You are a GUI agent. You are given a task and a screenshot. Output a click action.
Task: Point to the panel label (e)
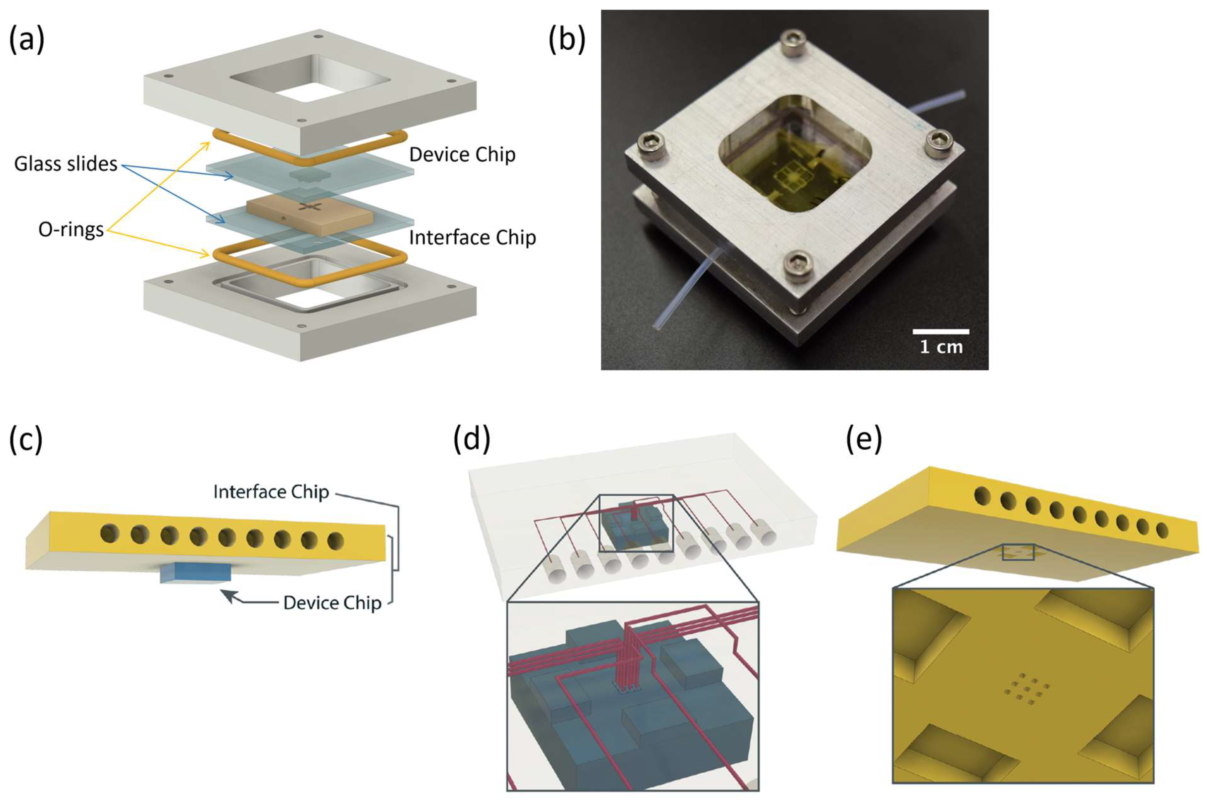[x=864, y=439]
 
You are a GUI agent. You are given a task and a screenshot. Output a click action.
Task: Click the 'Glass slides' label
[x=65, y=164]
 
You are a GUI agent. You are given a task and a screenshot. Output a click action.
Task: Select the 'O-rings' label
[x=71, y=230]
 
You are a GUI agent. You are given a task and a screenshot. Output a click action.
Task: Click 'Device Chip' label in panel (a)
[x=462, y=155]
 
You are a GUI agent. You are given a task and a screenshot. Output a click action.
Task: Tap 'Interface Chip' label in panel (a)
[x=472, y=238]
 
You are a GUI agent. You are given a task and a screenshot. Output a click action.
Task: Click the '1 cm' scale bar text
[x=941, y=347]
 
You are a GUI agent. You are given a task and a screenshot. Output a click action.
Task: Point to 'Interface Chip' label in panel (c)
[x=271, y=492]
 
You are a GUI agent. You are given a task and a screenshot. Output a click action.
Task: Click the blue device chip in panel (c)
[x=196, y=572]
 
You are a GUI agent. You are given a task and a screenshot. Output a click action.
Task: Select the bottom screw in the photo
[x=800, y=263]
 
